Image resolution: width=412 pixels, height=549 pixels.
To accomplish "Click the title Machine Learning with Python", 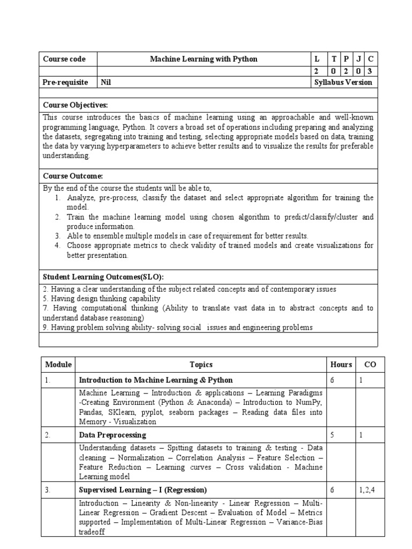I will [x=203, y=60].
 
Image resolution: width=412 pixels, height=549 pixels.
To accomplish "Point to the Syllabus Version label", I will [x=343, y=83].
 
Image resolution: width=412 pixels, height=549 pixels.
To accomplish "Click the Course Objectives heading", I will [x=79, y=105].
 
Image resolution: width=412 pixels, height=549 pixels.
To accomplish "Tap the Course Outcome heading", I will [x=73, y=176].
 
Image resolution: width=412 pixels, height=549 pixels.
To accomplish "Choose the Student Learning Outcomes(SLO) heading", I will [x=103, y=277].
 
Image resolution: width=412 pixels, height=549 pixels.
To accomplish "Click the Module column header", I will [x=58, y=365].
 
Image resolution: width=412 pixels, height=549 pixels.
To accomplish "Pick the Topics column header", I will [x=201, y=365].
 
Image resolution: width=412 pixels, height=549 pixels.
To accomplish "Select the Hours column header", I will [x=341, y=365].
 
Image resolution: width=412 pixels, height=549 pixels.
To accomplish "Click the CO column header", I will [x=371, y=365].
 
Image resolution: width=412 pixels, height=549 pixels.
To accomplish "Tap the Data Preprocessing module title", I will [x=113, y=435].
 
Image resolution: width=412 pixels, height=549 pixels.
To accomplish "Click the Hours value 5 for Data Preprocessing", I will [x=333, y=435].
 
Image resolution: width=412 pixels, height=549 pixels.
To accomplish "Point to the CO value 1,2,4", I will [x=367, y=490].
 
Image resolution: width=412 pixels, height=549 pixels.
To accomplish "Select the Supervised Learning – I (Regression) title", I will [x=143, y=490].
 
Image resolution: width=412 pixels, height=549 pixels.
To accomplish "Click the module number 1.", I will [x=48, y=380].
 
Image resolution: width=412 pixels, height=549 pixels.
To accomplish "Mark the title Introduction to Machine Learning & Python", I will [x=156, y=380].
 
